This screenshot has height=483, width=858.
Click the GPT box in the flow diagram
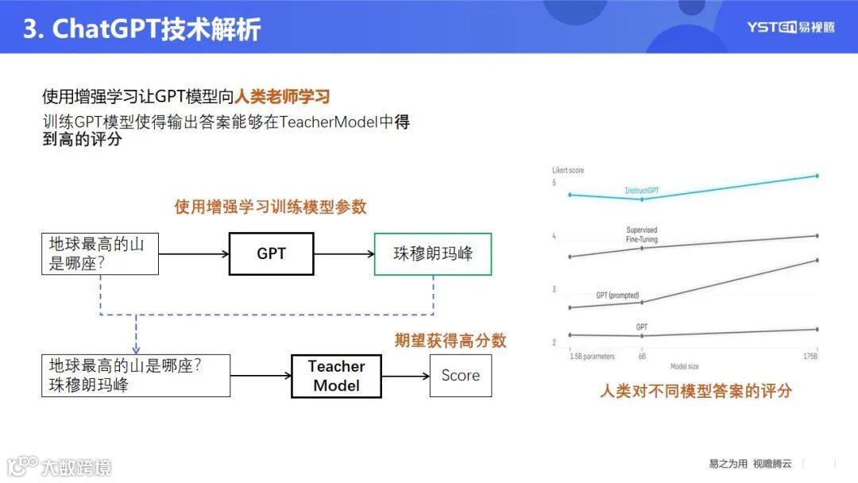pyautogui.click(x=271, y=253)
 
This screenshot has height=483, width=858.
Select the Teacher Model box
pyautogui.click(x=336, y=376)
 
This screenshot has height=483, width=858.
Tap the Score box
pyautogui.click(x=460, y=376)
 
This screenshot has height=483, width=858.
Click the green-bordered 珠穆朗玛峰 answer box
pyautogui.click(x=433, y=253)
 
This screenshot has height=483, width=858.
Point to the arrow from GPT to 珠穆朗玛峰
pyautogui.click(x=343, y=254)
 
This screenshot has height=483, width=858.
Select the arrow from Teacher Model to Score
pyautogui.click(x=405, y=376)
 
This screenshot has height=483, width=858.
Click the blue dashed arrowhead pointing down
pyautogui.click(x=136, y=348)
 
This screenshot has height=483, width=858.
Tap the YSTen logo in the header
pyautogui.click(x=790, y=27)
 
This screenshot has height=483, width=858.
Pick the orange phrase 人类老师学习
pyautogui.click(x=282, y=97)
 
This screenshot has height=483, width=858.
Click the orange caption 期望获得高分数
pyautogui.click(x=450, y=341)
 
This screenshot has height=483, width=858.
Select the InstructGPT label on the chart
pyautogui.click(x=642, y=191)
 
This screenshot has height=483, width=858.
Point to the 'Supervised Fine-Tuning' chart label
pyautogui.click(x=642, y=234)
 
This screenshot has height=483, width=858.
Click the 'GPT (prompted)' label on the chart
pyautogui.click(x=617, y=296)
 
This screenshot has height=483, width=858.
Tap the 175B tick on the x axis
pyautogui.click(x=810, y=357)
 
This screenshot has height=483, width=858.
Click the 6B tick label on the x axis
pyautogui.click(x=641, y=357)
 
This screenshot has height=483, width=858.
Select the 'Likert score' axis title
pyautogui.click(x=568, y=171)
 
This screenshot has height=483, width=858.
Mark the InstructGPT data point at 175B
pyautogui.click(x=817, y=176)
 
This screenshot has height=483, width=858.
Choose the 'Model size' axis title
pyautogui.click(x=684, y=366)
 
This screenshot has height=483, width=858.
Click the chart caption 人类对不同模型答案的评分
pyautogui.click(x=695, y=391)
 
